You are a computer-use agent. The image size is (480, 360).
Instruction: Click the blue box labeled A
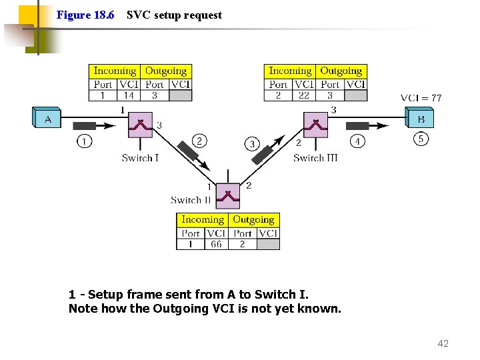point(47,119)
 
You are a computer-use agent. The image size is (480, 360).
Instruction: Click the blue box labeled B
point(420,119)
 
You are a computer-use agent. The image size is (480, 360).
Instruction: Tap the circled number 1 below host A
point(85,141)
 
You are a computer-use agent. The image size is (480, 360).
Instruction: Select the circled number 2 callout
point(199,140)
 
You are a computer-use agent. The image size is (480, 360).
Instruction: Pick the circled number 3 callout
point(251,143)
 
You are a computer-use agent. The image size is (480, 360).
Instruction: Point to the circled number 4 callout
point(357,141)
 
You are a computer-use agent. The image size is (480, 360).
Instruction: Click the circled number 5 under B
point(421,139)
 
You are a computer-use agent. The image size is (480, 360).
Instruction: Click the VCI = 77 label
point(421,98)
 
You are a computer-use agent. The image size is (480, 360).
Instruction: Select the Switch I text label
point(140,158)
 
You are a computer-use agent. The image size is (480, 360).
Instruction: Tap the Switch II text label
point(191,200)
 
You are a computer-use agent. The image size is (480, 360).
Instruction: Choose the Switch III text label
point(315,158)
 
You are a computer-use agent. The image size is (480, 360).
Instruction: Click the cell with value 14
point(129,95)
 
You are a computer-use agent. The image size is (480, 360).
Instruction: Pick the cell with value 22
point(304,95)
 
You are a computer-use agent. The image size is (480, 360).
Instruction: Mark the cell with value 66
point(216,244)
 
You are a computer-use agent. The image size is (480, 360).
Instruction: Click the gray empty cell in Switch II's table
point(268,244)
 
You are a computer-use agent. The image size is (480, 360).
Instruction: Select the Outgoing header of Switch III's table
point(341,71)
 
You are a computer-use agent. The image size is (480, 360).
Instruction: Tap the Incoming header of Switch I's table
point(115,71)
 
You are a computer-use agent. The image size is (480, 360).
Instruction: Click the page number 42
point(443,343)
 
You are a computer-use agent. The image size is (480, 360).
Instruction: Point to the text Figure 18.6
point(85,15)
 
